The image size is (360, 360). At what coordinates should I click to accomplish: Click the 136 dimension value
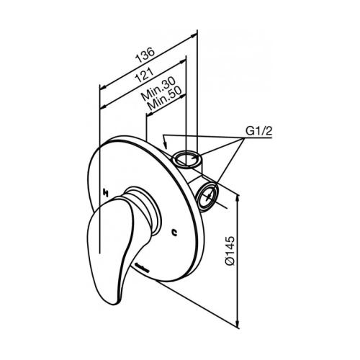pyautogui.click(x=145, y=55)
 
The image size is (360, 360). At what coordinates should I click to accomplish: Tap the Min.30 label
pyautogui.click(x=158, y=89)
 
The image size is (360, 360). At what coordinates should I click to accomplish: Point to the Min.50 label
pyautogui.click(x=165, y=99)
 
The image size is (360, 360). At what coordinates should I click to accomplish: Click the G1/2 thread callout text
pyautogui.click(x=258, y=131)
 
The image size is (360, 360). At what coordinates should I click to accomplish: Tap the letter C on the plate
pyautogui.click(x=175, y=232)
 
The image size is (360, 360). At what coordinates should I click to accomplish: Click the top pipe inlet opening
pyautogui.click(x=186, y=158)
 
